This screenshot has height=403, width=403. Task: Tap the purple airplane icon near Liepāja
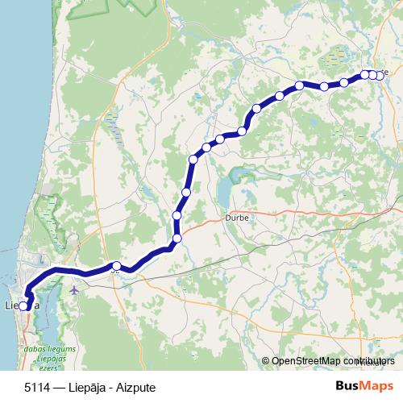point(75,289)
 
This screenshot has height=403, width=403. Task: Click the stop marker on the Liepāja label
point(24,306)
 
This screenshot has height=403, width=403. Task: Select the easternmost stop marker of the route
point(379,75)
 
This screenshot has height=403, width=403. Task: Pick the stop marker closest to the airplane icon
point(116,266)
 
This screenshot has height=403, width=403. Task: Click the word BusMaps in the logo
point(362,385)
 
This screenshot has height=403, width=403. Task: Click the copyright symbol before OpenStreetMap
point(266,362)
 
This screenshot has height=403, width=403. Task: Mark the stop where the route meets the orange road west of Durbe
point(177,238)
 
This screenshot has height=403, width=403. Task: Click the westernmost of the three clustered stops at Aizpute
point(364,74)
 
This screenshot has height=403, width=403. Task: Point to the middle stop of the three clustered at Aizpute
point(372,75)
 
